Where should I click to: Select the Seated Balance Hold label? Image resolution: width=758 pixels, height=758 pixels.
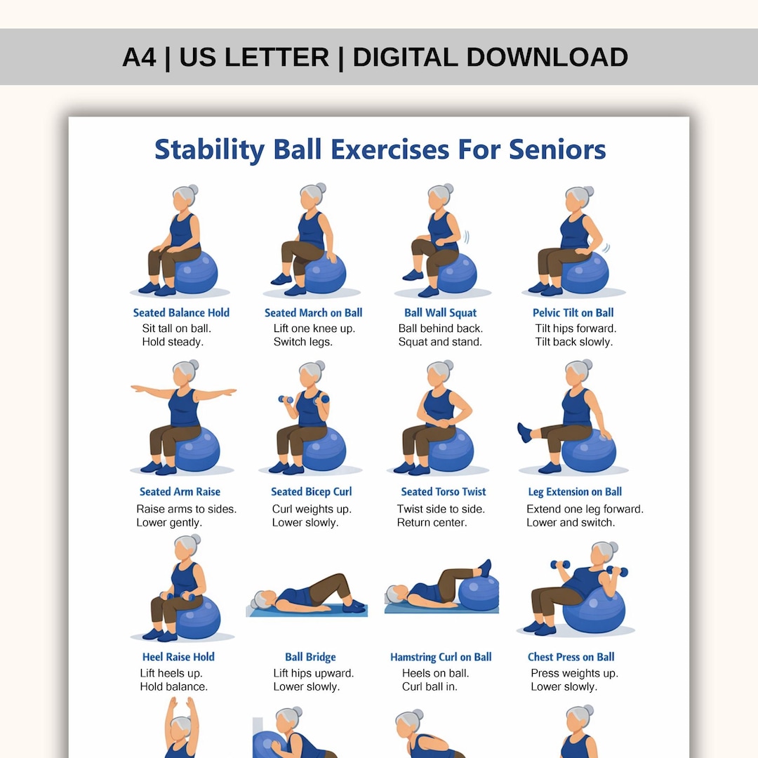click(181, 313)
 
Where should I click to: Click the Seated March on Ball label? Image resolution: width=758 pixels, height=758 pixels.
click(313, 313)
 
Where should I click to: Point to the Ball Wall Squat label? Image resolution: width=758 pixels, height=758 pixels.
click(440, 313)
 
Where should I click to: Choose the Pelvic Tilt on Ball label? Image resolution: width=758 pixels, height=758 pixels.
click(573, 313)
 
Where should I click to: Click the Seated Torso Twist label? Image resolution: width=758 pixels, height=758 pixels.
click(443, 492)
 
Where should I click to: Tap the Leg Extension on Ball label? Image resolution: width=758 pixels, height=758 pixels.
click(575, 492)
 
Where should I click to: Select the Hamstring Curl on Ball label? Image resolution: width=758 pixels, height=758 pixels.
click(441, 657)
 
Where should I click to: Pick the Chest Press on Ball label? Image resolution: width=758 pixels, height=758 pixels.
click(571, 657)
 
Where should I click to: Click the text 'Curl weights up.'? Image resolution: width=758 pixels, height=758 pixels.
click(312, 509)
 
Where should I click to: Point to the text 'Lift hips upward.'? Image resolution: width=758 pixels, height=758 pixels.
click(313, 673)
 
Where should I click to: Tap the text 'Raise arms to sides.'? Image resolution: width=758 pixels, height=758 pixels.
click(186, 509)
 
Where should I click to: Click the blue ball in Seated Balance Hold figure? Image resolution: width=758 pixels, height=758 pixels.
click(197, 272)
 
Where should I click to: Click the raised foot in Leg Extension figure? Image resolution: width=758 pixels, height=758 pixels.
click(524, 432)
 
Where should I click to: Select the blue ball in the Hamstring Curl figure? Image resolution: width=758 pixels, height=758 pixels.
click(479, 591)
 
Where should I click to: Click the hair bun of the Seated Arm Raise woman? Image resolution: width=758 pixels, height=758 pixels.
click(194, 365)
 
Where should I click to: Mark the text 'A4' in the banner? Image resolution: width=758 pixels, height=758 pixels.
click(139, 57)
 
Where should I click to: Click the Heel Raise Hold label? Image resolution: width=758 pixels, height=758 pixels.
click(178, 657)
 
